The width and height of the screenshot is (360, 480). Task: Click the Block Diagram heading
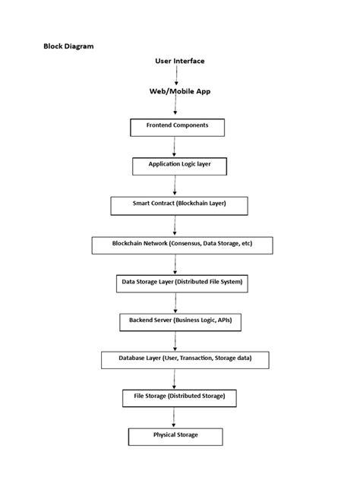pyautogui.click(x=68, y=46)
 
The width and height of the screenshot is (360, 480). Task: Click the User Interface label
pyautogui.click(x=179, y=61)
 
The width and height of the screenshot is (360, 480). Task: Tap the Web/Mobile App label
pyautogui.click(x=179, y=91)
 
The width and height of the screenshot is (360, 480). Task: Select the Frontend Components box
pyautogui.click(x=177, y=126)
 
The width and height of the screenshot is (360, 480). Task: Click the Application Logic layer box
pyautogui.click(x=179, y=165)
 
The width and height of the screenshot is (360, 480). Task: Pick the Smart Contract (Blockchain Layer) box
pyautogui.click(x=179, y=205)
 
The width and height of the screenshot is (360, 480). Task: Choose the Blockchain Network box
pyautogui.click(x=182, y=245)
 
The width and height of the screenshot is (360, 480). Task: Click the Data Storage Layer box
pyautogui.click(x=182, y=283)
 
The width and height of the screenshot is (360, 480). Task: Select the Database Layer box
pyautogui.click(x=185, y=358)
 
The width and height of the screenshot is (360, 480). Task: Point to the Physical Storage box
pyautogui.click(x=175, y=436)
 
